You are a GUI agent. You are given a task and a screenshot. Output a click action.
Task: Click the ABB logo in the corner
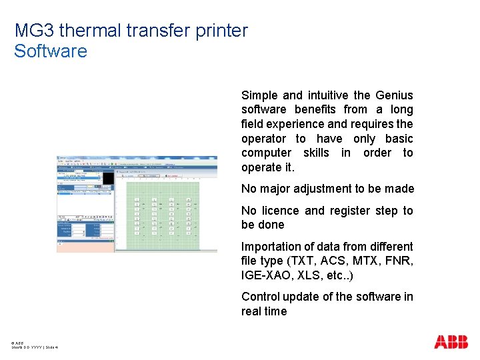click(x=451, y=342)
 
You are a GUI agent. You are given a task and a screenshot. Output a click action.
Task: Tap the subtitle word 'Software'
click(x=51, y=51)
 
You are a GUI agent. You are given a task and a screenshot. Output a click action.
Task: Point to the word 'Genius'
click(x=394, y=95)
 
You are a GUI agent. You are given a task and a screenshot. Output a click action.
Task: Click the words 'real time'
click(x=264, y=311)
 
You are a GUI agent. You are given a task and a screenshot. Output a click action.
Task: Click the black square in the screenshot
click(x=107, y=178)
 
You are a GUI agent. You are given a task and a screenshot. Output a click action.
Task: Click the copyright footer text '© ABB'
click(x=17, y=343)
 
